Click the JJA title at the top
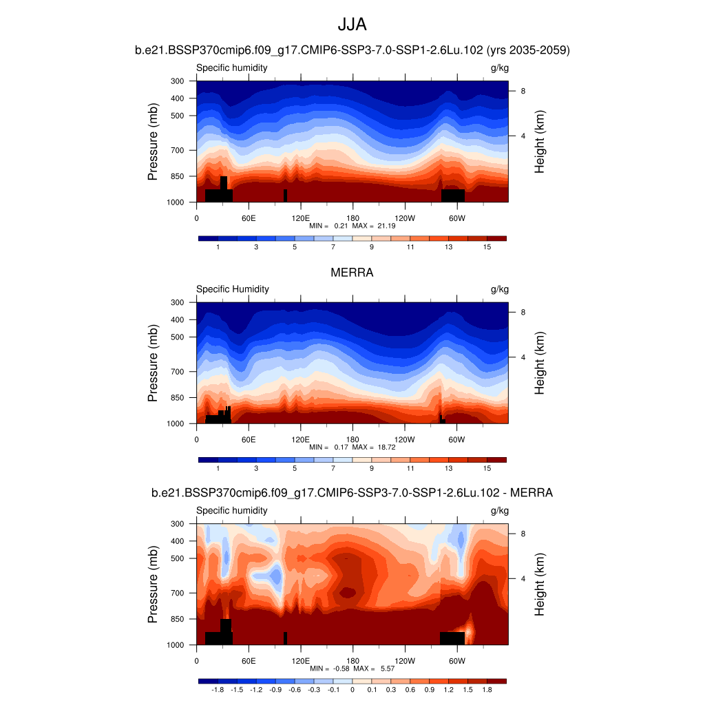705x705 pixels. coord(352,25)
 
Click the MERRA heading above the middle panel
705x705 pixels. coord(352,273)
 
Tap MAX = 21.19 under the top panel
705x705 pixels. coord(373,225)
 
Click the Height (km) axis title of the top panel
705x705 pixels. coord(540,141)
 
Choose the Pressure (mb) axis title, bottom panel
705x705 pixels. coord(153,584)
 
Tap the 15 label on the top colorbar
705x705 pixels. coord(487,246)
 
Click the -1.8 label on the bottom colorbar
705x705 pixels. coord(218,689)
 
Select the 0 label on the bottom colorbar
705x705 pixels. coord(352,689)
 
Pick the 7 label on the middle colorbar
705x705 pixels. coord(333,468)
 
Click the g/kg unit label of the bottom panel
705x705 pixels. coord(499,511)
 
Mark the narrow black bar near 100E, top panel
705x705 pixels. coord(285,195)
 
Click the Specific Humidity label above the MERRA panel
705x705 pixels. coord(233,289)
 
